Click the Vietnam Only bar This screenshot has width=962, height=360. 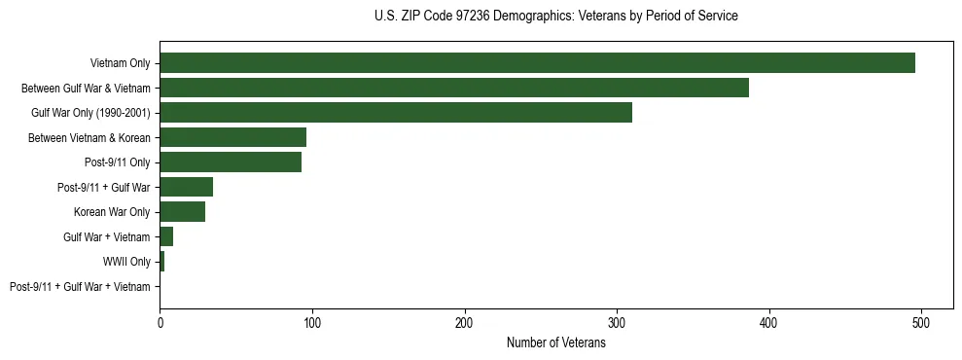pyautogui.click(x=537, y=63)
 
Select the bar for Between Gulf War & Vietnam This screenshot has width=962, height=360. pyautogui.click(x=454, y=88)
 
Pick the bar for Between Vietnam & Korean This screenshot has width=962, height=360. pyautogui.click(x=232, y=137)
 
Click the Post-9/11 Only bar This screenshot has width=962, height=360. pyautogui.click(x=231, y=162)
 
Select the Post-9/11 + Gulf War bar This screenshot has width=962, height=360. pyautogui.click(x=186, y=187)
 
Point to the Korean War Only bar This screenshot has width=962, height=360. pyautogui.click(x=182, y=212)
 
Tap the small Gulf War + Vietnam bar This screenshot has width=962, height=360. pyautogui.click(x=166, y=236)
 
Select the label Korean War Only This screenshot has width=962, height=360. pyautogui.click(x=112, y=212)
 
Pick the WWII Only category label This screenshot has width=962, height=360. pyautogui.click(x=126, y=262)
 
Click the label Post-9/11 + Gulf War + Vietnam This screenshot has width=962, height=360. pyautogui.click(x=80, y=287)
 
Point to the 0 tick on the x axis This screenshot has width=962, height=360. pyautogui.click(x=160, y=322)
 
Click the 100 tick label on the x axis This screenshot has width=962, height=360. pyautogui.click(x=312, y=322)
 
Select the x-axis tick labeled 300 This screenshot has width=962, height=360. pyautogui.click(x=617, y=322)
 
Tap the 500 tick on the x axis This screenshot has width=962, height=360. pyautogui.click(x=921, y=322)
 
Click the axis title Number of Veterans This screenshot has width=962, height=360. pyautogui.click(x=555, y=342)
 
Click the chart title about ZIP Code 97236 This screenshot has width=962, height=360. pyautogui.click(x=555, y=17)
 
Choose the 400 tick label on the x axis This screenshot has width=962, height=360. pyautogui.click(x=769, y=322)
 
